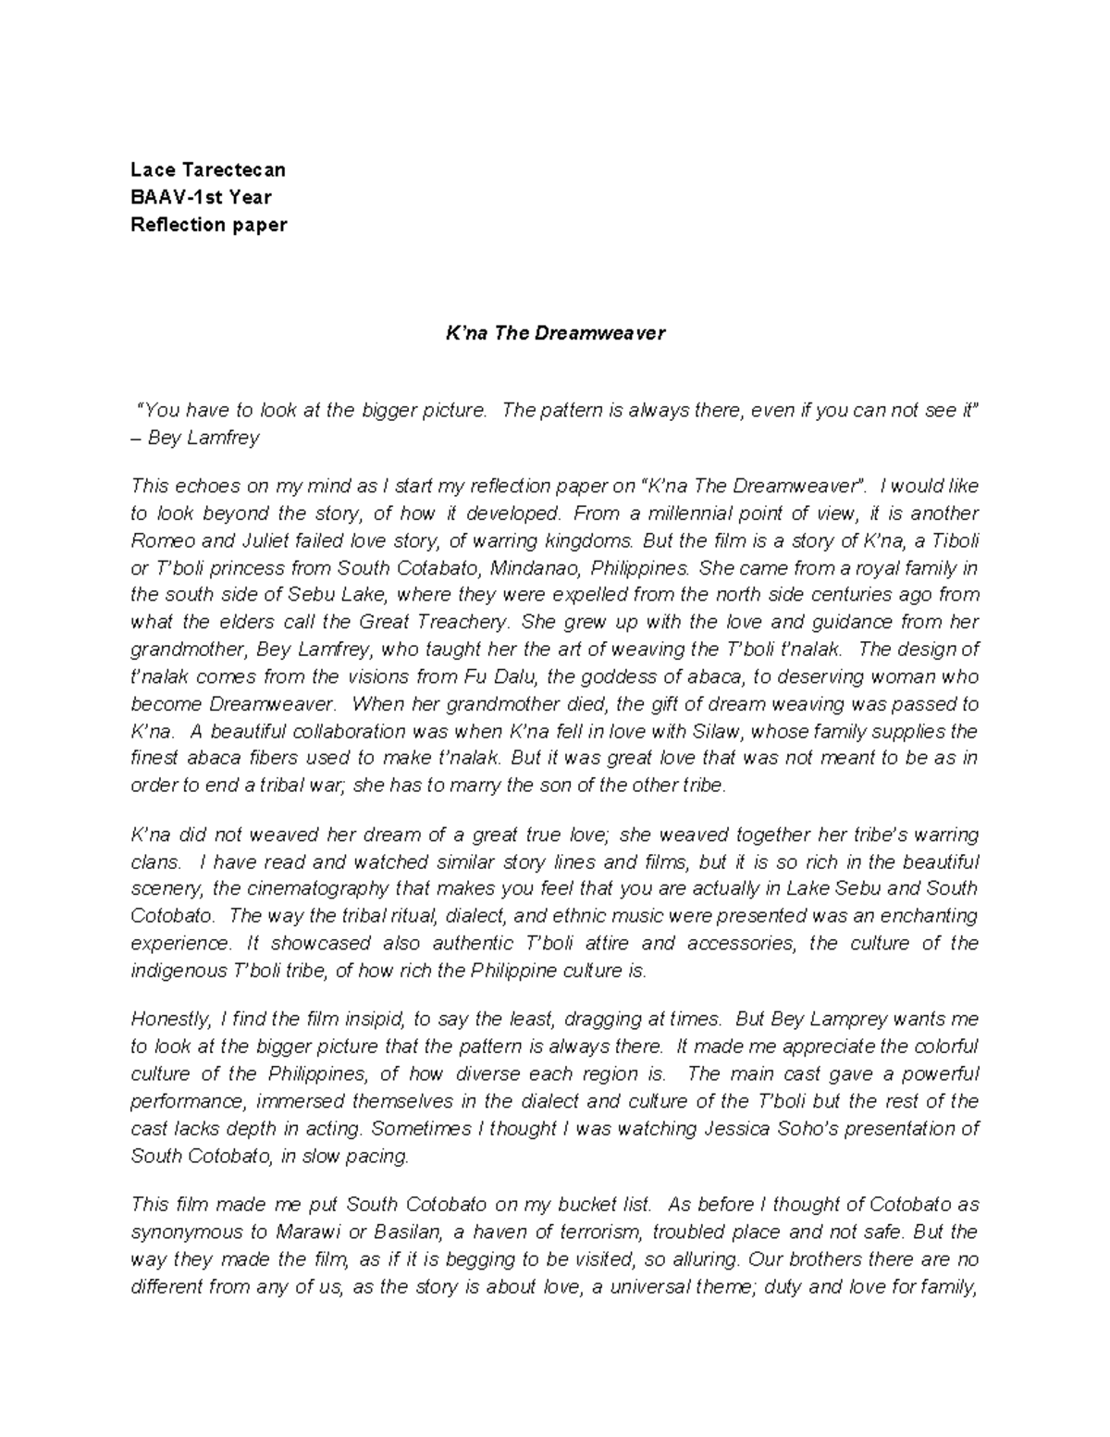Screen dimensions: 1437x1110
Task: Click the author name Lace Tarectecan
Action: pos(208,169)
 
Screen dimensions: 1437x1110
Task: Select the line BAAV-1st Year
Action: pos(201,197)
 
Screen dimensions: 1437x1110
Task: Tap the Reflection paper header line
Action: pos(209,225)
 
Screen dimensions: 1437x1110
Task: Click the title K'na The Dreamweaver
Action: pos(555,334)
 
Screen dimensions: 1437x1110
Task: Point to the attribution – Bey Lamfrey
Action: pos(195,438)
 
